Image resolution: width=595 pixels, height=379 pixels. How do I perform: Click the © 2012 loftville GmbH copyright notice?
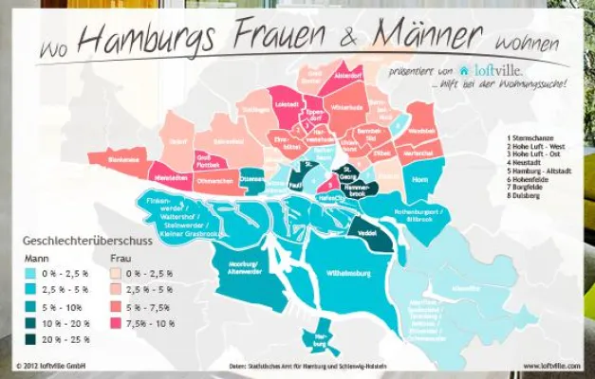(x=52, y=364)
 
